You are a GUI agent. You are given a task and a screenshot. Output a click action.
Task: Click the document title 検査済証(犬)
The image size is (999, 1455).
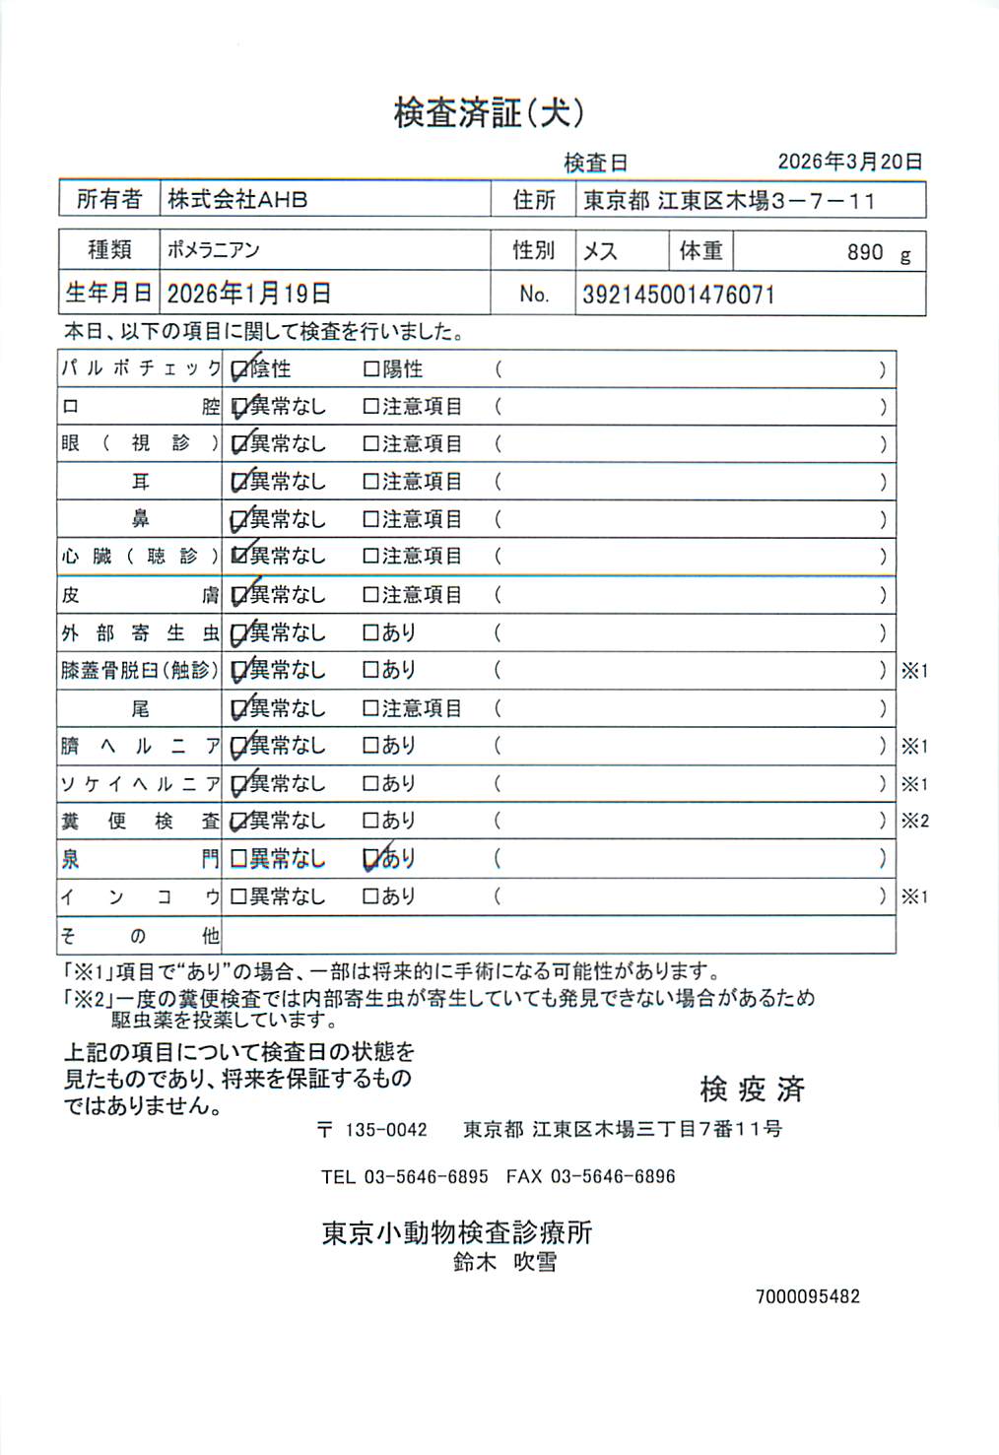(x=489, y=113)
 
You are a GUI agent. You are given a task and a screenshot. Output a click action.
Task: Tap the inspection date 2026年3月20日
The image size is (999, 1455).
(x=849, y=162)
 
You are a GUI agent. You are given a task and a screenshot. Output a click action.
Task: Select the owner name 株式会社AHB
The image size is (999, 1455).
(x=237, y=200)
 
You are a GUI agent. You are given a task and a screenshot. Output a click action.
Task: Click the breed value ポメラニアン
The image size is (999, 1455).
(x=213, y=250)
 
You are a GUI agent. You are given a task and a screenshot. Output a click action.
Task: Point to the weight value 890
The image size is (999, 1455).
(x=865, y=252)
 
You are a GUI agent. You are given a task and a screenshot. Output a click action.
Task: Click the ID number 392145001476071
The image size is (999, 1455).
(x=679, y=295)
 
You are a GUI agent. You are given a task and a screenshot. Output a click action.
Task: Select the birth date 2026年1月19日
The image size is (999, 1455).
(x=248, y=294)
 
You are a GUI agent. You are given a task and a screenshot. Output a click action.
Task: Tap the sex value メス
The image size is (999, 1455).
(x=600, y=251)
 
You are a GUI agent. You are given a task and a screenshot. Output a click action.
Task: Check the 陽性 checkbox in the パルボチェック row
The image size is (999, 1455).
(x=371, y=369)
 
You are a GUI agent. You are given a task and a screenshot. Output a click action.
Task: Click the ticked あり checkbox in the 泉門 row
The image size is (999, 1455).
(x=371, y=860)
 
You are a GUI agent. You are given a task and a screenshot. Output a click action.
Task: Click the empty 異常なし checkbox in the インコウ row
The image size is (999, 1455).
(x=238, y=897)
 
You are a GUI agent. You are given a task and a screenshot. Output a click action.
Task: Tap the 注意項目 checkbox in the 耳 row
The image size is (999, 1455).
(x=371, y=482)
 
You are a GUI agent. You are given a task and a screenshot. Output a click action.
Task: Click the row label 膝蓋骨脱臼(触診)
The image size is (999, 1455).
(x=139, y=671)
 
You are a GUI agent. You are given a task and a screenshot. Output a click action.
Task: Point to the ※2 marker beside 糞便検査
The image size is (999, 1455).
(x=914, y=822)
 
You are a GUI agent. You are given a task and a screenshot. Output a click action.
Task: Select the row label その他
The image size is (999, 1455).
(x=139, y=936)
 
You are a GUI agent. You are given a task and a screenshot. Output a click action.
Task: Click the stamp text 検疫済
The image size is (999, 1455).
(x=752, y=1089)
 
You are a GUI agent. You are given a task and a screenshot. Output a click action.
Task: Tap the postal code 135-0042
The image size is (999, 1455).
(x=385, y=1130)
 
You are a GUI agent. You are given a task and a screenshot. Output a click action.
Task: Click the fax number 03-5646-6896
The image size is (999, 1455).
(x=613, y=1176)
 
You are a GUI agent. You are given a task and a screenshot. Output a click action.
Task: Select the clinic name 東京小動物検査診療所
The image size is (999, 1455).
(x=457, y=1232)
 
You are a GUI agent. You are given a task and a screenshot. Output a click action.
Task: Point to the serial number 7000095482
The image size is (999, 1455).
(x=808, y=1296)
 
